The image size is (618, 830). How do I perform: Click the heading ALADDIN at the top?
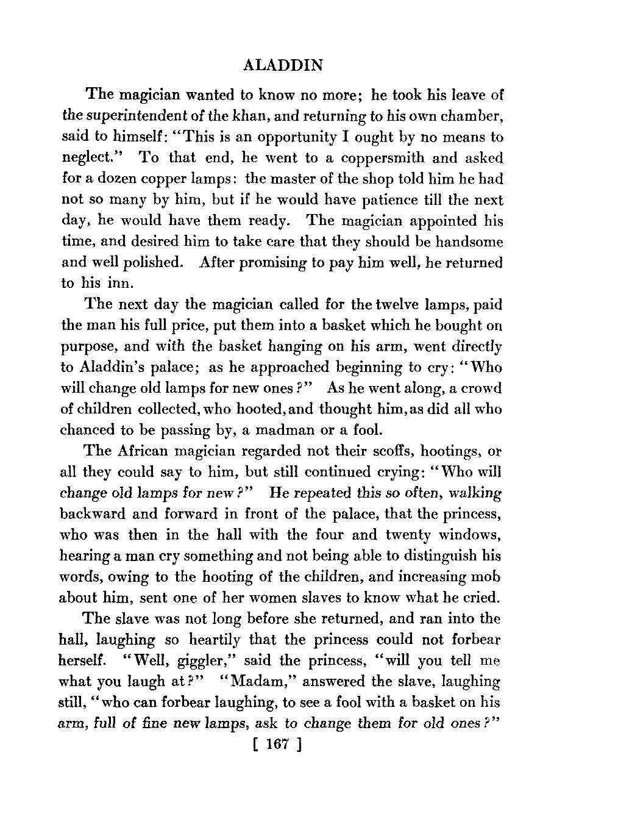coord(283,65)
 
